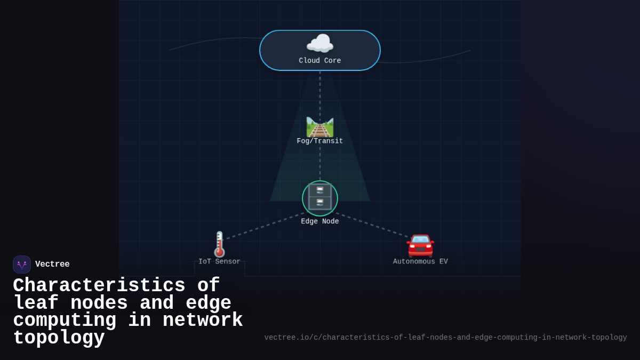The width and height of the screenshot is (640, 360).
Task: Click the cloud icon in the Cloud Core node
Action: [x=320, y=44]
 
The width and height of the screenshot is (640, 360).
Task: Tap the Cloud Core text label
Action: [x=320, y=61]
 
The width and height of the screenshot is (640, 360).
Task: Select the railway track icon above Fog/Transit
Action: [x=320, y=127]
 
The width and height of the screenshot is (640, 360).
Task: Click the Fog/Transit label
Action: [x=320, y=141]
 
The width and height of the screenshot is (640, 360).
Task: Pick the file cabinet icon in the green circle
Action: [x=320, y=197]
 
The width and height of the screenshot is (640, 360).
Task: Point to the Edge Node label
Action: [x=320, y=221]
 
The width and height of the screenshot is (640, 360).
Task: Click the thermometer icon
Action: [x=219, y=244]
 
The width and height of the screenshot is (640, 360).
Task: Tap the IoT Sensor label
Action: [x=219, y=261]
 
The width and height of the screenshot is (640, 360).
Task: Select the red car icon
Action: [x=420, y=245]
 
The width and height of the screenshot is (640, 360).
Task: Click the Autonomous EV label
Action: [x=420, y=261]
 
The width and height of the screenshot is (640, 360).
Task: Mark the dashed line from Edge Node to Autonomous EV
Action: [x=373, y=225]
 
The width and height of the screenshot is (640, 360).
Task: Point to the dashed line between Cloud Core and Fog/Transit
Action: [x=320, y=93]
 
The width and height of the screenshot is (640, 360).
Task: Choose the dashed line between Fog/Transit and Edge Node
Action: [x=320, y=163]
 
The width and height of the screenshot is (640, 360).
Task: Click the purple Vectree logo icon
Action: [x=22, y=265]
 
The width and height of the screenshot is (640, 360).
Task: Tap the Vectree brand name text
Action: [x=52, y=264]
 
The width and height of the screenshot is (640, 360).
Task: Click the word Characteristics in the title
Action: [x=99, y=286]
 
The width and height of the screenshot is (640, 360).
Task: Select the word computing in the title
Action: [x=65, y=321]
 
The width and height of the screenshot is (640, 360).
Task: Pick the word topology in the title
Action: [x=59, y=338]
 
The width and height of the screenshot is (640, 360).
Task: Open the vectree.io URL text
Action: [x=445, y=338]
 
